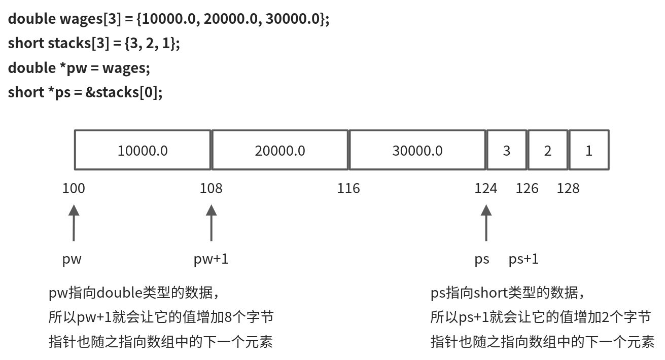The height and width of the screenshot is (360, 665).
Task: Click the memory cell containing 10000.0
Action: click(143, 150)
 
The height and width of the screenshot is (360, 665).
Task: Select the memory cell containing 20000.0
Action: click(280, 150)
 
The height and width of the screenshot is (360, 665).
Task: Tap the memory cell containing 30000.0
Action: click(417, 150)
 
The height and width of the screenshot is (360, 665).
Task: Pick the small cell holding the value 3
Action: click(506, 150)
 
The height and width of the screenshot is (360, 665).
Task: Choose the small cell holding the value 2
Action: click(547, 150)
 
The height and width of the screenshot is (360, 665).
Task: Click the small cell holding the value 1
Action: click(589, 150)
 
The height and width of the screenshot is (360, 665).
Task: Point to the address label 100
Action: click(74, 189)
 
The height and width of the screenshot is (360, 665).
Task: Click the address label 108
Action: click(211, 189)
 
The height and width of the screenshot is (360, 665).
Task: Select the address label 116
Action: click(348, 189)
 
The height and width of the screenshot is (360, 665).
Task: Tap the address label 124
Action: click(485, 189)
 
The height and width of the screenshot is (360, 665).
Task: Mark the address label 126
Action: click(527, 189)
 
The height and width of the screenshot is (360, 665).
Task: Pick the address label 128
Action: click(568, 189)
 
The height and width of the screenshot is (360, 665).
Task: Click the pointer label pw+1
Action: click(211, 259)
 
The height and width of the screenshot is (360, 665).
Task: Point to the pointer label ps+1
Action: click(523, 259)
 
